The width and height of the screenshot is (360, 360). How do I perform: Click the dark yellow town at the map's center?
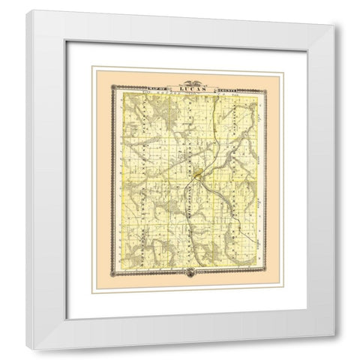(x=196, y=177)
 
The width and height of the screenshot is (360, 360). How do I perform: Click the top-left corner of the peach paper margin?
(x=92, y=66)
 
